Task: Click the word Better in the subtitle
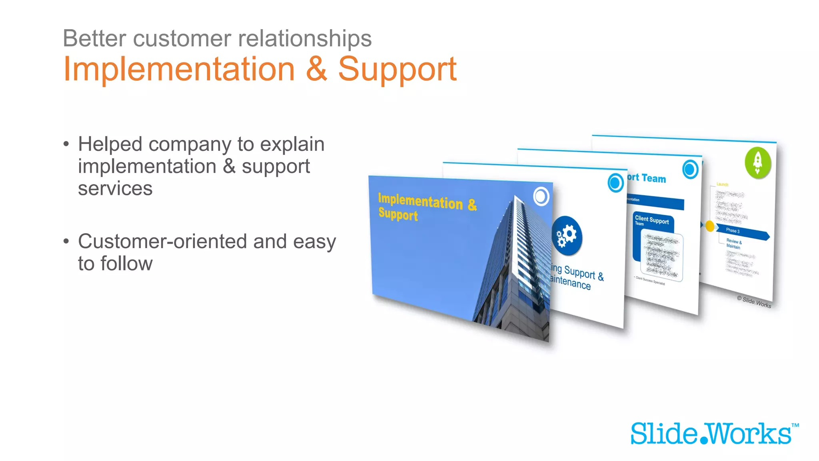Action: [x=94, y=39]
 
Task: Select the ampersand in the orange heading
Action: [x=316, y=69]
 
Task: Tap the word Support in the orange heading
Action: [x=397, y=70]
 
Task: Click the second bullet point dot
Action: [x=66, y=241]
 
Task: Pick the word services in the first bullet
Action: [x=115, y=188]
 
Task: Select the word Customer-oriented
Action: [x=182, y=241]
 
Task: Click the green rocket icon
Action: [x=757, y=162]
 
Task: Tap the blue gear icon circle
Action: [x=567, y=236]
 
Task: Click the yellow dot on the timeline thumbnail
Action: [x=710, y=226]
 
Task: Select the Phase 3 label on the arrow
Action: [x=733, y=230]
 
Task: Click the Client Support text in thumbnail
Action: [x=651, y=220]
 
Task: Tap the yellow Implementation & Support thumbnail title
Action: [x=427, y=206]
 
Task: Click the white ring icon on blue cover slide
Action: [x=541, y=196]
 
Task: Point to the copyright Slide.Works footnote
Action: [x=754, y=302]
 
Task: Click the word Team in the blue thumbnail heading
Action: [x=654, y=178]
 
